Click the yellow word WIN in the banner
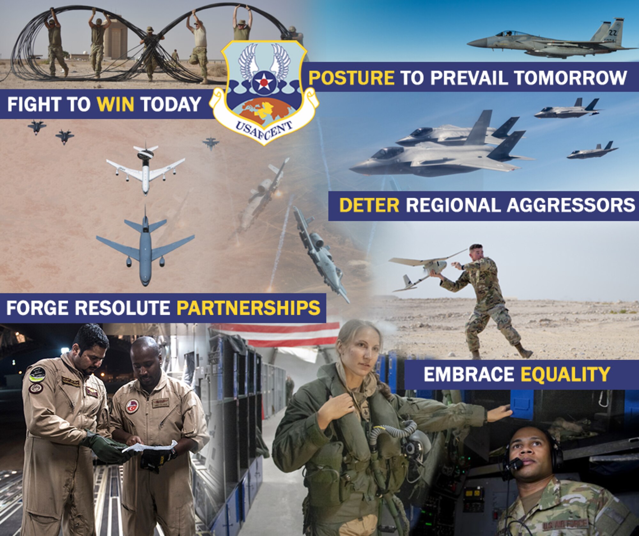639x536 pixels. [115, 104]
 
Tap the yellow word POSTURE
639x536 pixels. [351, 78]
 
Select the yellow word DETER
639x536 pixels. [369, 205]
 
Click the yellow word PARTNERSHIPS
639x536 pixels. [248, 307]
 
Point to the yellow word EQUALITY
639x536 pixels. [565, 374]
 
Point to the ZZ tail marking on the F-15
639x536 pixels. [613, 32]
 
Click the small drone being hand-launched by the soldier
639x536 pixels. [425, 268]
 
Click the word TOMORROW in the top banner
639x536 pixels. [570, 78]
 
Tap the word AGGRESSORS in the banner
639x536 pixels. [571, 205]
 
